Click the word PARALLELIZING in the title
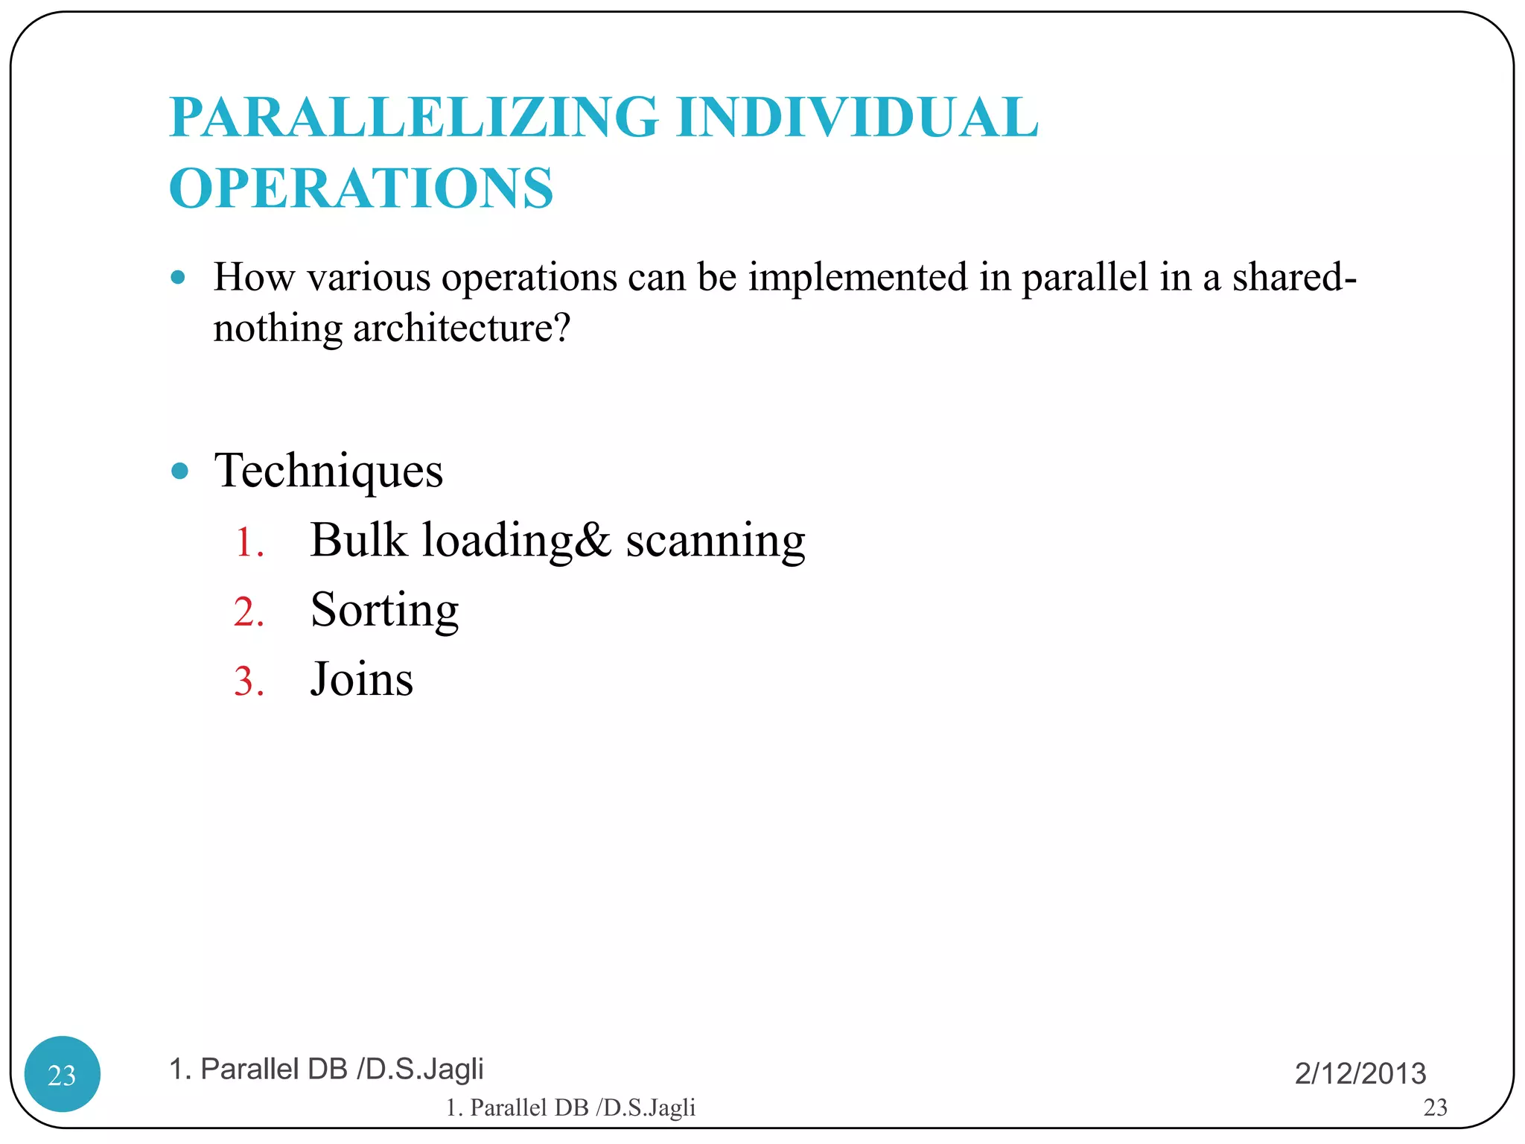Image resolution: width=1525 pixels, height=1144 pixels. [x=414, y=118]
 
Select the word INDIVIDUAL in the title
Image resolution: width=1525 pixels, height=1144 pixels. [x=857, y=118]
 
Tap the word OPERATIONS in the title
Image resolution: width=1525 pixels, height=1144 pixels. [x=361, y=188]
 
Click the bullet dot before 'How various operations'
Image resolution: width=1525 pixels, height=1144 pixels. [x=178, y=278]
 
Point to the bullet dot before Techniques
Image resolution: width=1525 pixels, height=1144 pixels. [x=179, y=471]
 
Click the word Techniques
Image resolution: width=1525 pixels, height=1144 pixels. [x=328, y=471]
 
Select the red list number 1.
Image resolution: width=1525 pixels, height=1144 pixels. [x=248, y=542]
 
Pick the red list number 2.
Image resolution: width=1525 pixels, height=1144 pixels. [x=249, y=612]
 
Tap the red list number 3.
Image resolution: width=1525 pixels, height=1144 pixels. [x=249, y=681]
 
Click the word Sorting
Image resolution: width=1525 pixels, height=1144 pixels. [x=384, y=611]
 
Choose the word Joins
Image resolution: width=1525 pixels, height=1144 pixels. [x=361, y=679]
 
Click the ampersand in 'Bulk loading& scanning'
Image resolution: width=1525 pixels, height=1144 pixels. [x=593, y=540]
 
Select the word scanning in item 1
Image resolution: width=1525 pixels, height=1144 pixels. [x=715, y=542]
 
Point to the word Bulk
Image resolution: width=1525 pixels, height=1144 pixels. [x=358, y=540]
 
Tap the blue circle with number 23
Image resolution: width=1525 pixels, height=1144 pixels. [x=63, y=1074]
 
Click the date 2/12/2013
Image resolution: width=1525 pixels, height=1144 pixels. [x=1360, y=1073]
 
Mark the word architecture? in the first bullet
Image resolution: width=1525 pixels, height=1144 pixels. [x=462, y=328]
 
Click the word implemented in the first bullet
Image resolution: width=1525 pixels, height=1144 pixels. [x=858, y=278]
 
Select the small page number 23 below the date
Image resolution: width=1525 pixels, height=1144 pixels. [x=1435, y=1108]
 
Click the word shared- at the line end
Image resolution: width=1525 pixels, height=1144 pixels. [x=1294, y=278]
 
